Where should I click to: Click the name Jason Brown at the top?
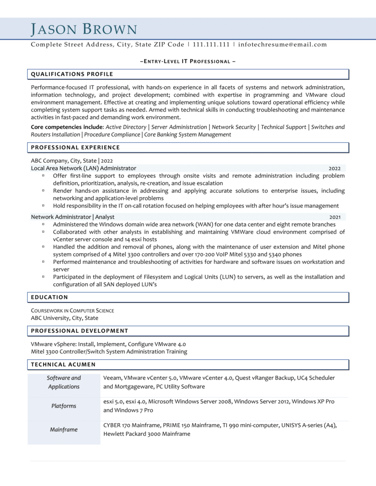[84, 29]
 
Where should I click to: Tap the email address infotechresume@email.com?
[282, 45]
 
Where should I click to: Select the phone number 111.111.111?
[212, 45]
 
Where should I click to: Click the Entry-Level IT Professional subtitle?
[188, 62]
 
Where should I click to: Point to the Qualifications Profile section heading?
[72, 74]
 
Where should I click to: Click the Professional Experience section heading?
[76, 148]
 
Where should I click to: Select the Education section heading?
[49, 297]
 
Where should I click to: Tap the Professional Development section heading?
[79, 330]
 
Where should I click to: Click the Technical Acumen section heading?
[63, 364]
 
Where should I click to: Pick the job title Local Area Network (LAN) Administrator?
[84, 168]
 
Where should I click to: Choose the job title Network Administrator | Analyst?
[73, 216]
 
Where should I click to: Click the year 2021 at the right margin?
[335, 217]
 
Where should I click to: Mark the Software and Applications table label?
[64, 382]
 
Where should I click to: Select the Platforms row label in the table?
[64, 406]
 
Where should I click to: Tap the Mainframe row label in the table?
[64, 430]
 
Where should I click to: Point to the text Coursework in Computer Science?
[72, 310]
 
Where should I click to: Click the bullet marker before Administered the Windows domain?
[43, 224]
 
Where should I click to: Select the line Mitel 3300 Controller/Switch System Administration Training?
[109, 352]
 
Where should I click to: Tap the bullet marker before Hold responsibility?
[43, 206]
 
